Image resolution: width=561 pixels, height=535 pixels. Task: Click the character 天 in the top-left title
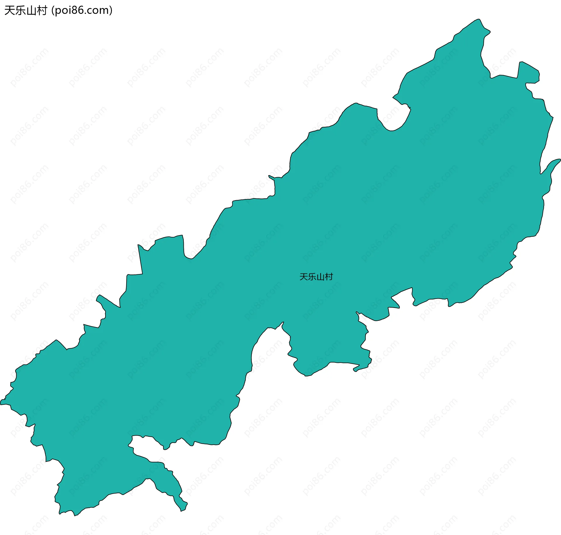[x=9, y=11]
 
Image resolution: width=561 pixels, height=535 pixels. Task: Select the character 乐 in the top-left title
[x=20, y=11]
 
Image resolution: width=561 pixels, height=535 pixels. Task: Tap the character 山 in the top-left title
[x=31, y=11]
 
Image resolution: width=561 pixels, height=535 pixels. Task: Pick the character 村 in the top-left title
[x=41, y=11]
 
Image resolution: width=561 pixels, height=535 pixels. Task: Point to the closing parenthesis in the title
[x=111, y=11]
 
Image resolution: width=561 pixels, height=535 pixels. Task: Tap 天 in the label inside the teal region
[x=304, y=277]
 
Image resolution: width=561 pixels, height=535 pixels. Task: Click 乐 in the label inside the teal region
[x=312, y=277]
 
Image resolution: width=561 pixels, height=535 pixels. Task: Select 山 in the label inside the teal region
[x=320, y=277]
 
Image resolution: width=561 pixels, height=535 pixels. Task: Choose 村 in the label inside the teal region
[x=329, y=277]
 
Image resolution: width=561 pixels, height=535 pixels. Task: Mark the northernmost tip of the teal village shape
[x=479, y=20]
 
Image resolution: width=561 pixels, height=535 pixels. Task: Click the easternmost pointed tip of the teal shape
[x=559, y=160]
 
